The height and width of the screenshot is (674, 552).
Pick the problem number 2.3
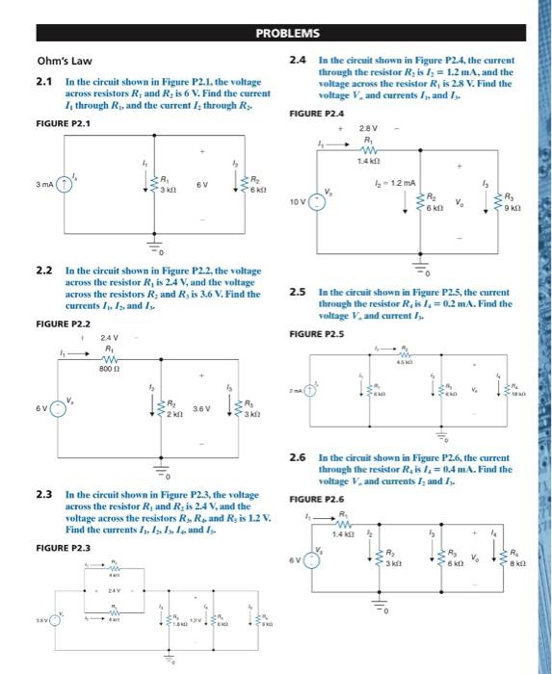[42, 494]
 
